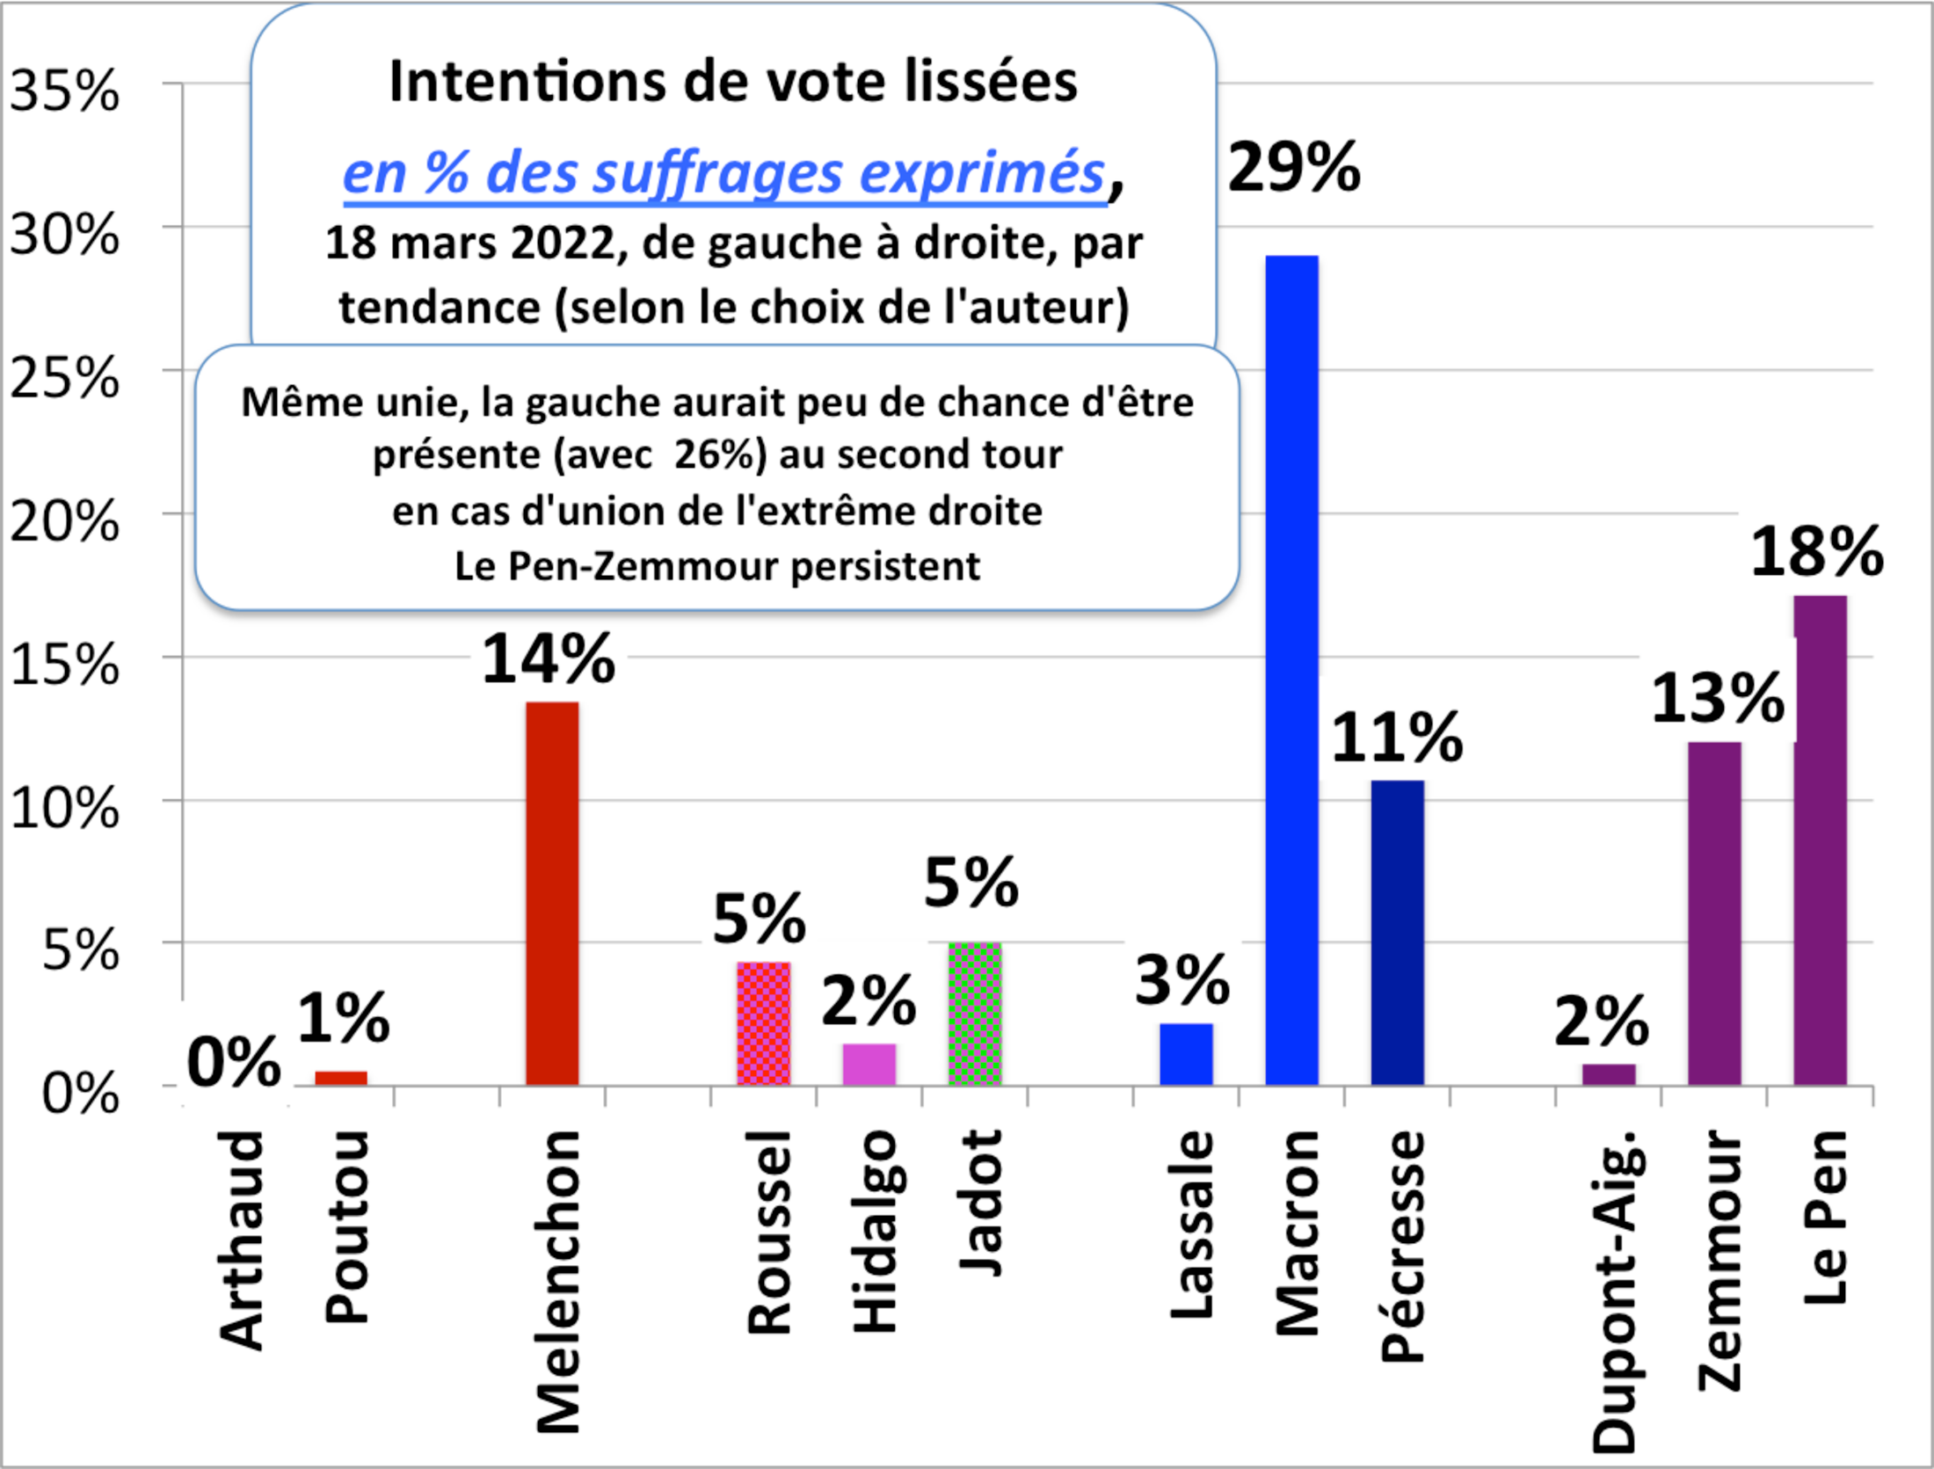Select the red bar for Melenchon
(552, 893)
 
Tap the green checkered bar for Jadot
(974, 1014)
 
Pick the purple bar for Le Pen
(1820, 840)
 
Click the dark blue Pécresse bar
(1397, 933)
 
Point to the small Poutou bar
(341, 1078)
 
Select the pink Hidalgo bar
(869, 1065)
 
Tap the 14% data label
(549, 658)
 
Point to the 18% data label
(1816, 552)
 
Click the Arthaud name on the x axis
(239, 1240)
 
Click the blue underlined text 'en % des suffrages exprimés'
(723, 172)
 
